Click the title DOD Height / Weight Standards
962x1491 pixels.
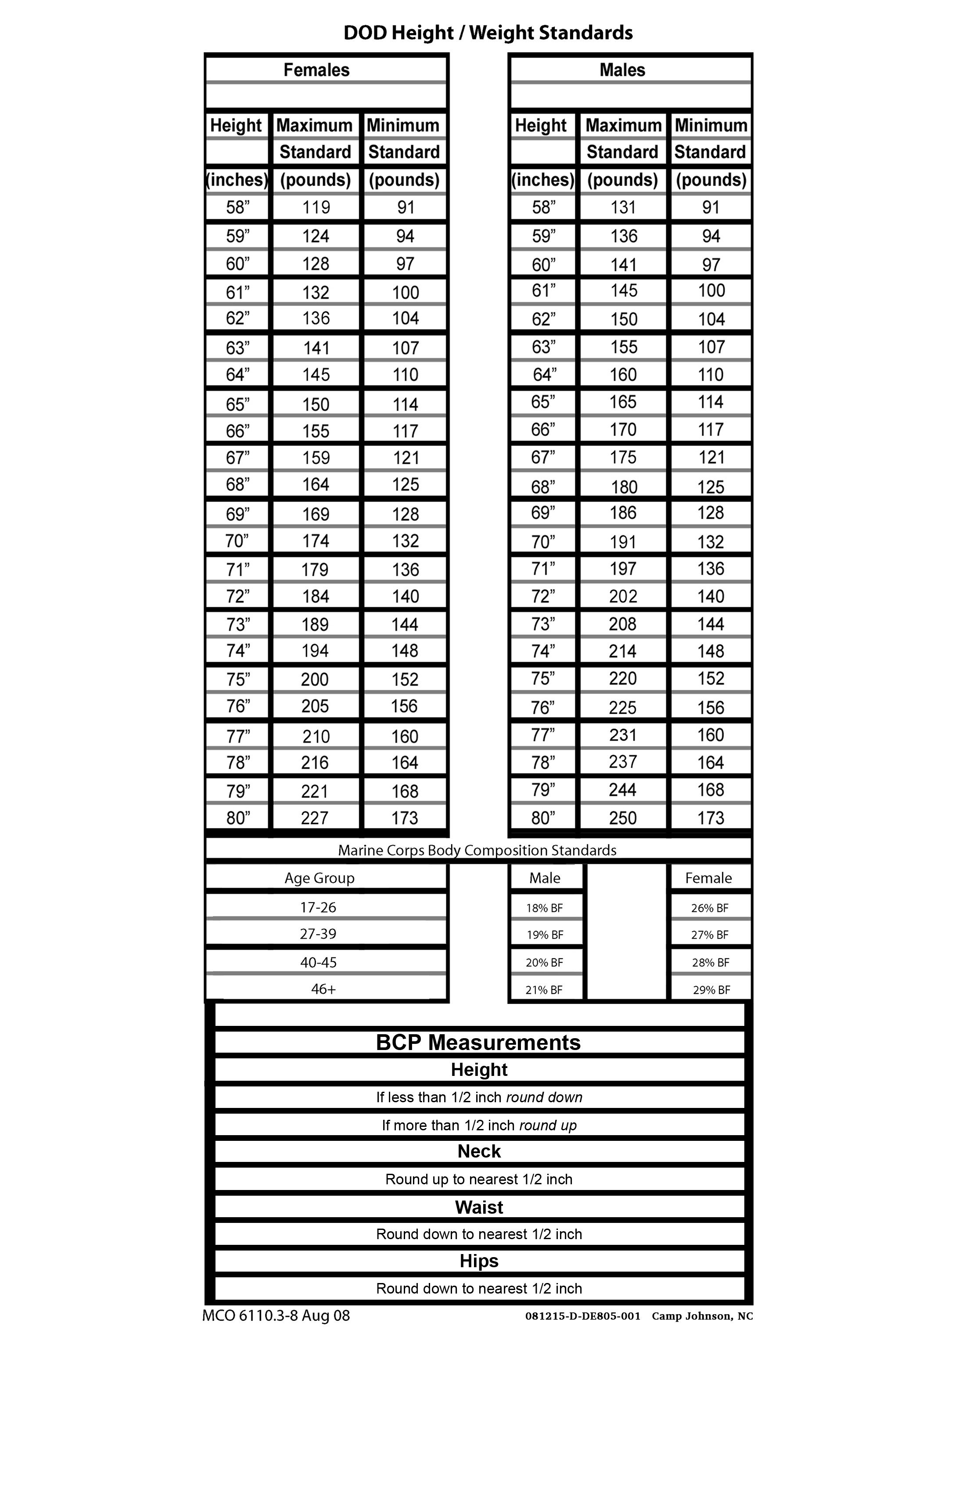click(x=488, y=33)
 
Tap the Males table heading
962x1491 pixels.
click(x=622, y=70)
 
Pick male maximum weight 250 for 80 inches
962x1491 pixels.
click(x=623, y=818)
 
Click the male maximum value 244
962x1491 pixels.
click(x=623, y=790)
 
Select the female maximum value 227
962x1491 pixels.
click(x=315, y=818)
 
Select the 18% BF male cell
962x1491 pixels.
click(x=544, y=908)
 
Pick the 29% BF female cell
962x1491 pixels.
click(x=711, y=990)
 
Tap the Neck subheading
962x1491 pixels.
click(x=479, y=1151)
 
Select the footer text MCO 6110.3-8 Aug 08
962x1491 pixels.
click(x=276, y=1316)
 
